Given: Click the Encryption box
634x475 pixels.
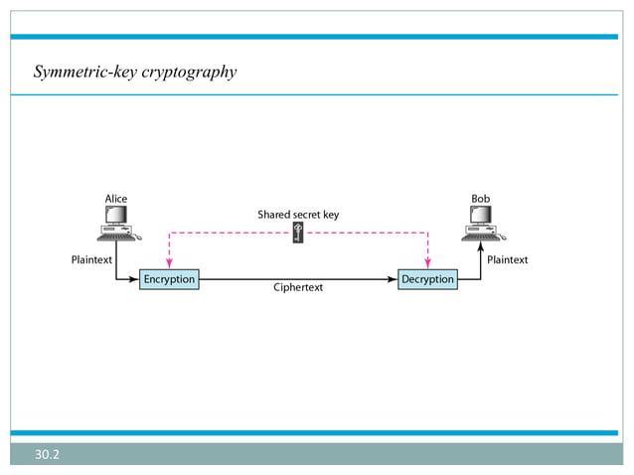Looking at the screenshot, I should [169, 279].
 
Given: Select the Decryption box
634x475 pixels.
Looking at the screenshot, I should [427, 279].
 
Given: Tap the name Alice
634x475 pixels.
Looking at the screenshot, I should [116, 199].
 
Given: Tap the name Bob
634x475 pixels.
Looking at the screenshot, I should [480, 199].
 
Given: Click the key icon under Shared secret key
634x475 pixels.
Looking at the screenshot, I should [297, 235].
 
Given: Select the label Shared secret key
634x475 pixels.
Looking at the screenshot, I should [298, 214].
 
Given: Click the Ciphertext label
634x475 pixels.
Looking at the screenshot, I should [298, 287].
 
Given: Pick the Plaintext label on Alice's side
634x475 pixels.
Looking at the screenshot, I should [91, 259].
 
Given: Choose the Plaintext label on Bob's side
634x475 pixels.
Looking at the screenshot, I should [508, 259].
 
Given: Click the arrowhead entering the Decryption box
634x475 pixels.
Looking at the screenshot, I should [392, 279].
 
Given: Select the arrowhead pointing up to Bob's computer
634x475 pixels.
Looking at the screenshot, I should [481, 249].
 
